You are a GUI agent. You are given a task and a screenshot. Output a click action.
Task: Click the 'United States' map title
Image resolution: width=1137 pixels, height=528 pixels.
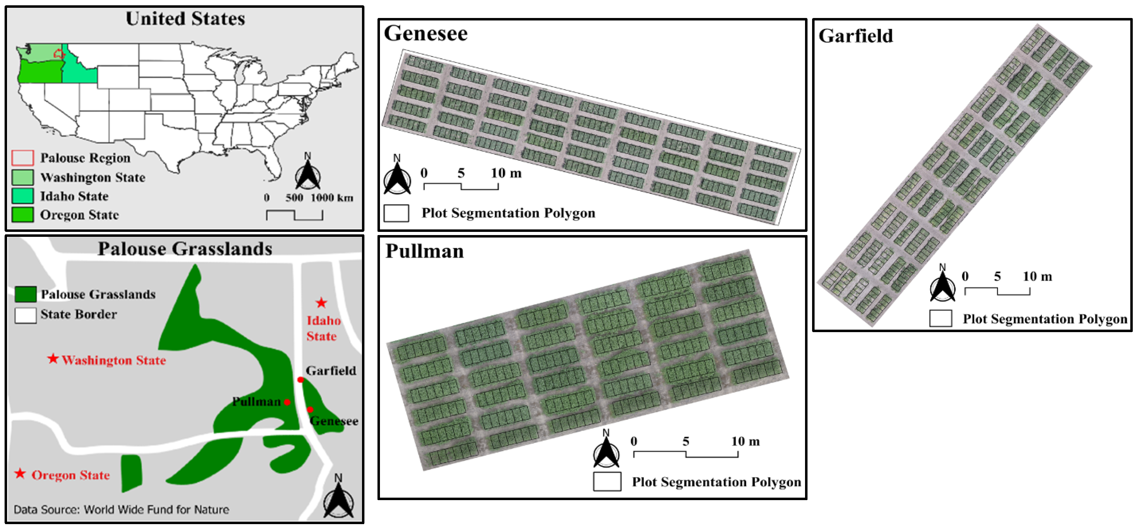[x=185, y=19]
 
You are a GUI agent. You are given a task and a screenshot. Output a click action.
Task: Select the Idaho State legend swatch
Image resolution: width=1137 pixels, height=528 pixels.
[x=23, y=196]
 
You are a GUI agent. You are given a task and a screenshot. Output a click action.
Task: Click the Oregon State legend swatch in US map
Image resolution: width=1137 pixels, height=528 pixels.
[x=23, y=215]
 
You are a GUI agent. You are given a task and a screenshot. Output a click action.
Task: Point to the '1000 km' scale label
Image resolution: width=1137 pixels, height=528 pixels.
[x=332, y=197]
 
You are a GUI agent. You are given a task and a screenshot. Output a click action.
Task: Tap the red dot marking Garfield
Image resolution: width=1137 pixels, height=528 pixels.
[x=301, y=380]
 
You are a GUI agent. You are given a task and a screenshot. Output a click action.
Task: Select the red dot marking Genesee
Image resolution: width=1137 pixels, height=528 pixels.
[x=310, y=410]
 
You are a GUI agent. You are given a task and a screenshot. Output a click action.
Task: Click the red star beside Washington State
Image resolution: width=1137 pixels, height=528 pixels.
[x=53, y=359]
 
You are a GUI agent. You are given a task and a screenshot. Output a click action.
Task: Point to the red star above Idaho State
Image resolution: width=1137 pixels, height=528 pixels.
[x=321, y=303]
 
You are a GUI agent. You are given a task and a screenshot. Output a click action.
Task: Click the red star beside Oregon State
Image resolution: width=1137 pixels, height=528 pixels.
[x=20, y=474]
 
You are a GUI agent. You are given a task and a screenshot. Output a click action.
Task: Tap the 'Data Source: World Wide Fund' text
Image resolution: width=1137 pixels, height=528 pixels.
[x=121, y=509]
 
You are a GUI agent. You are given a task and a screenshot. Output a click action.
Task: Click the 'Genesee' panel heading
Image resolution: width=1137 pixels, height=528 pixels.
[x=425, y=34]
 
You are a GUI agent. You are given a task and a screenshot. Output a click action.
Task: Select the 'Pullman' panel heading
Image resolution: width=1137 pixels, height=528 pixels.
[x=425, y=251]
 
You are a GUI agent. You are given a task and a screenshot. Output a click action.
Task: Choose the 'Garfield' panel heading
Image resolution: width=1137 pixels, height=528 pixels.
[x=855, y=36]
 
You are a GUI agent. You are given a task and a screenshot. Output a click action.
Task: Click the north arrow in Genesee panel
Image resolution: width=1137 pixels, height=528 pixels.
[x=397, y=176]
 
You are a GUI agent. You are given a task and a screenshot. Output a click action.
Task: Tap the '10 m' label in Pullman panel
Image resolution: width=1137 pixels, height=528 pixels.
[x=745, y=441]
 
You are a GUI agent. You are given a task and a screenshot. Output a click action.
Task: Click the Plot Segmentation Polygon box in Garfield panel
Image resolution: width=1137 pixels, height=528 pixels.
[x=940, y=318]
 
